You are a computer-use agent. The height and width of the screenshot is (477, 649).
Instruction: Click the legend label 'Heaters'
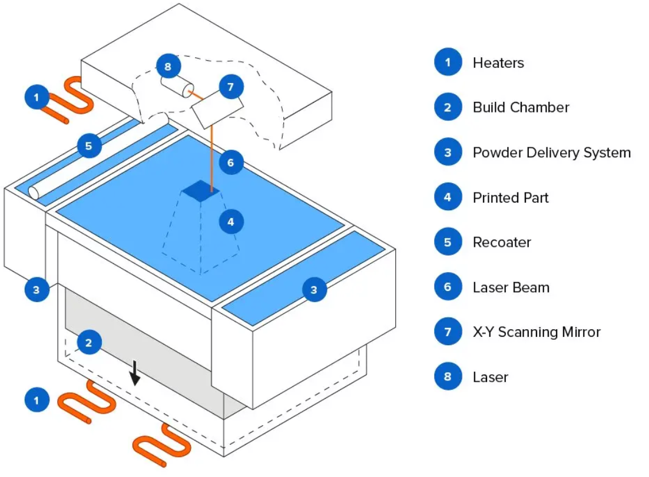pyautogui.click(x=498, y=63)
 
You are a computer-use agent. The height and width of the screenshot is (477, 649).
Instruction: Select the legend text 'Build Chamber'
pyautogui.click(x=521, y=108)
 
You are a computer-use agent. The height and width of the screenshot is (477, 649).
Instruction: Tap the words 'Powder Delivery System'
pyautogui.click(x=552, y=153)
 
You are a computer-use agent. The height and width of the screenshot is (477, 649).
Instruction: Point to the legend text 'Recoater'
pyautogui.click(x=502, y=243)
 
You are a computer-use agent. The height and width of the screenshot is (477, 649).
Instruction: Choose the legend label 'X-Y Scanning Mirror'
pyautogui.click(x=537, y=332)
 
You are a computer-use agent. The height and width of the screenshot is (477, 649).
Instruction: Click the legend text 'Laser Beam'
pyautogui.click(x=511, y=287)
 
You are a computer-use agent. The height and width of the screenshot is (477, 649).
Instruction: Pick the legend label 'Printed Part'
pyautogui.click(x=511, y=198)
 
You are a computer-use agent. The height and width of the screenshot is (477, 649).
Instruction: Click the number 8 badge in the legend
pyautogui.click(x=448, y=376)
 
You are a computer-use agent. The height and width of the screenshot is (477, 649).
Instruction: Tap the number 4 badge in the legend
pyautogui.click(x=448, y=197)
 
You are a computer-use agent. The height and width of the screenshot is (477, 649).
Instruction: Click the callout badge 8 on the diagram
pyautogui.click(x=168, y=67)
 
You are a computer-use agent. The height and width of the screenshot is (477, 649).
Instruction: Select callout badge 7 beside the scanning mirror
pyautogui.click(x=231, y=87)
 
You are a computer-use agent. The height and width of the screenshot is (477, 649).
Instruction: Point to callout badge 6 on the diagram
pyautogui.click(x=231, y=163)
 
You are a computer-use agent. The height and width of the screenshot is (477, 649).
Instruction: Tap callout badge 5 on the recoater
pyautogui.click(x=89, y=146)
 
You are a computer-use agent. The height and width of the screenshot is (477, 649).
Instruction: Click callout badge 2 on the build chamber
pyautogui.click(x=89, y=343)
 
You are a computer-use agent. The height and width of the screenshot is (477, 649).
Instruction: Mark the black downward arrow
pyautogui.click(x=134, y=373)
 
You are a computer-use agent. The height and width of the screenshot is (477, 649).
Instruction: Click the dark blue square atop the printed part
pyautogui.click(x=201, y=191)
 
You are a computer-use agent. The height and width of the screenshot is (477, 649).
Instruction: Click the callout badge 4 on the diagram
pyautogui.click(x=231, y=222)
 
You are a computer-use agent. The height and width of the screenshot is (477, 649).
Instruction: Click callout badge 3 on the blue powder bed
pyautogui.click(x=314, y=290)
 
